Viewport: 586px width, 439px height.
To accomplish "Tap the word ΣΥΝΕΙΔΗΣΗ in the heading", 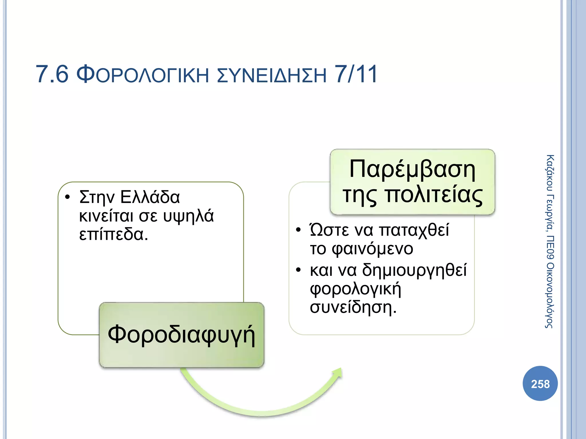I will (272, 75).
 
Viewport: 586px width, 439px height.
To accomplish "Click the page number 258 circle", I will (540, 384).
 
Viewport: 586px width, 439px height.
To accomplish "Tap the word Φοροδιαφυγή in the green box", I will (181, 335).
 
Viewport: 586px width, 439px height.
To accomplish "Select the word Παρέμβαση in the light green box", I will (412, 169).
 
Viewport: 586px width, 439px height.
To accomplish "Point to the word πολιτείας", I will (433, 195).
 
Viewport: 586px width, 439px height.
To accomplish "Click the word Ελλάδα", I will (150, 197).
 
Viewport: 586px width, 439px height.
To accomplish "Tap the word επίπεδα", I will (113, 234).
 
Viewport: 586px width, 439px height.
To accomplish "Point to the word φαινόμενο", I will (372, 249).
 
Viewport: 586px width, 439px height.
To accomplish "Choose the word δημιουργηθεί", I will (414, 270).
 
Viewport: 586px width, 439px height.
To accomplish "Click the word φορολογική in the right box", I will (355, 289).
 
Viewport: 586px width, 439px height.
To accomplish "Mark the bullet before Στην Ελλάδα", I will (68, 197).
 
